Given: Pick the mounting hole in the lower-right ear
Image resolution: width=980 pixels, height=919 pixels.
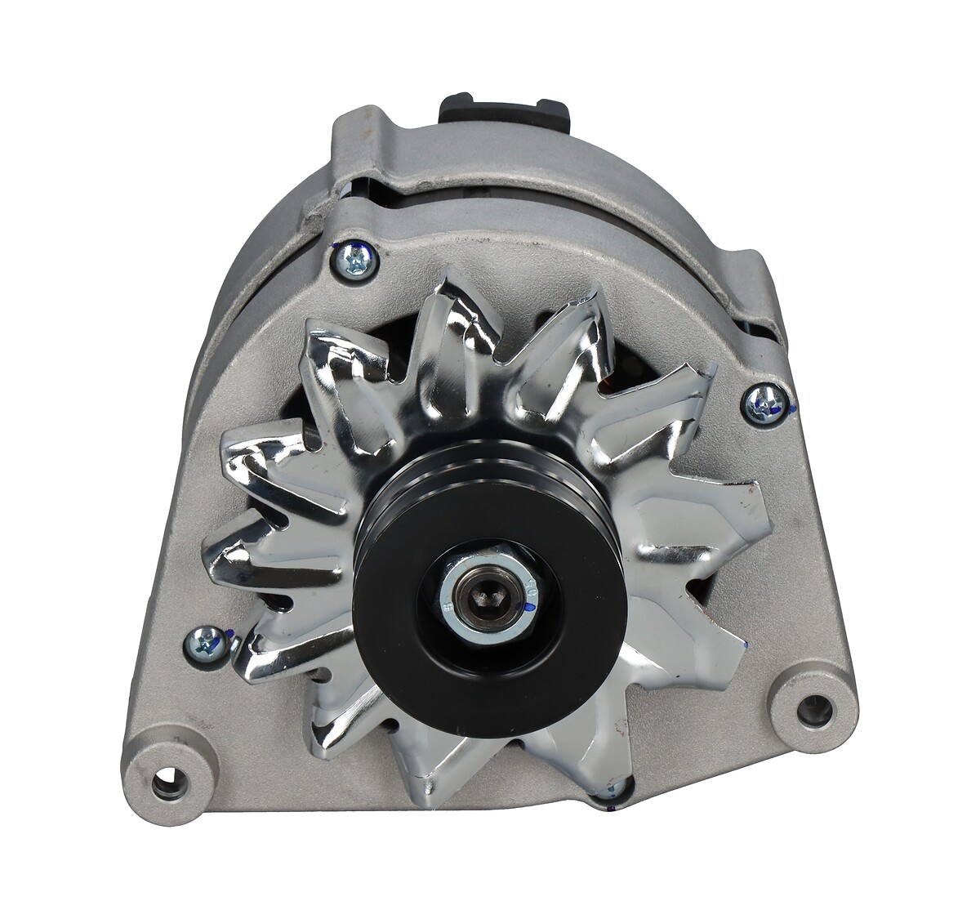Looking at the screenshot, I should click(x=813, y=705).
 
